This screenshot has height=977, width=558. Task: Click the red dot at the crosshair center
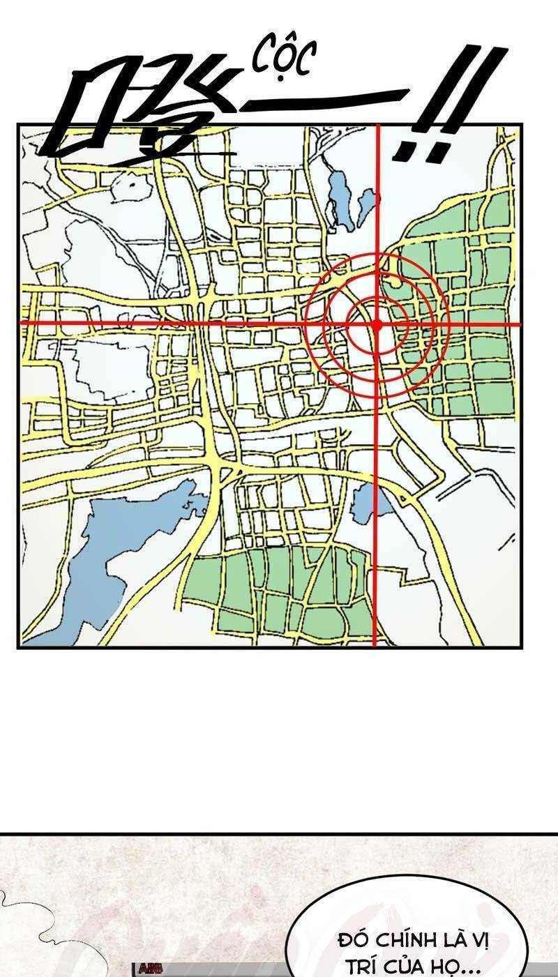[377, 324]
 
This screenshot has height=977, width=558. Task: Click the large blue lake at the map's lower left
[105, 558]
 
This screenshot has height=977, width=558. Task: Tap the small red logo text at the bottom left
[151, 969]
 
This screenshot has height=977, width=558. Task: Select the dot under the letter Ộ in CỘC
[283, 77]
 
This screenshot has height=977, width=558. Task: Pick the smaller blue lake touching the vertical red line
[366, 206]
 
